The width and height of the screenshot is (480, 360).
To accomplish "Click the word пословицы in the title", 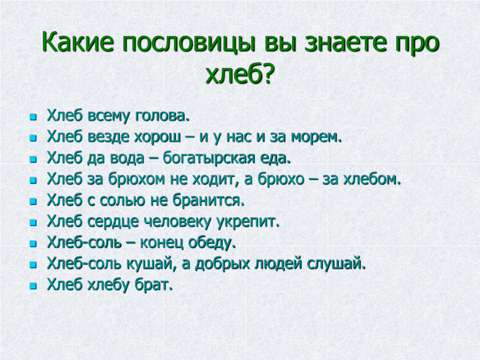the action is [x=189, y=43].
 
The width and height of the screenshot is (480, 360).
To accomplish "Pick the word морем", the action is [x=316, y=137].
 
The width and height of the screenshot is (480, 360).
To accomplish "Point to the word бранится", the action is [x=209, y=201].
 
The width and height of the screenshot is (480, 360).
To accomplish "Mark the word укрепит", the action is [x=247, y=222].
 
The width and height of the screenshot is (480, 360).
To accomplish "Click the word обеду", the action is [x=212, y=243].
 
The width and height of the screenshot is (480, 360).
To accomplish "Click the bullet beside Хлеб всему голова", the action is [x=33, y=117].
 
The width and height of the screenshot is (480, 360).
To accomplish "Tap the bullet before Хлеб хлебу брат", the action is [x=33, y=286].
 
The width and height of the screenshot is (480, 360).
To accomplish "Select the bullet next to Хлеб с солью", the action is [x=33, y=202].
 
